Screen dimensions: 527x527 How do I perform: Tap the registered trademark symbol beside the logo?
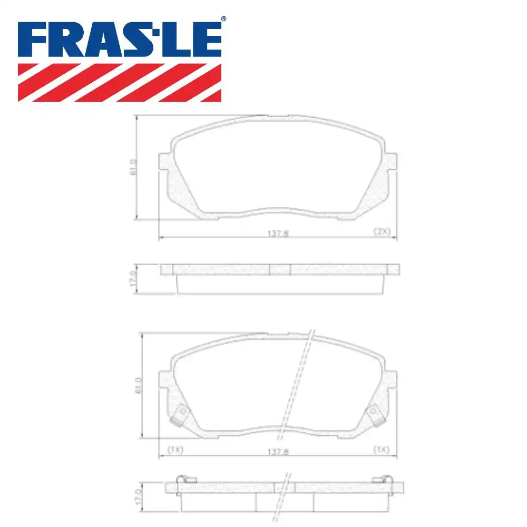[x=223, y=19]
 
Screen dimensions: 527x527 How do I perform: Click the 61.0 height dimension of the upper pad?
[x=134, y=167]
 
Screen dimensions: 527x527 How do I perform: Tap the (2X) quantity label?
[x=382, y=231]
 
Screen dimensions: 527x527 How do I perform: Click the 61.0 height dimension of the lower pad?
[x=138, y=385]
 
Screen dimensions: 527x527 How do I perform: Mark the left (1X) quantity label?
[x=174, y=450]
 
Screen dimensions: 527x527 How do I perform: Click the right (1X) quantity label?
[x=381, y=450]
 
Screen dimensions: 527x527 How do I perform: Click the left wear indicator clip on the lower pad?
[x=179, y=414]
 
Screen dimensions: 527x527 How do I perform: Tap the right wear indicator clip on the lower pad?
[x=375, y=414]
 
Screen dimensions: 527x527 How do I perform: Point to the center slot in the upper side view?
[x=280, y=269]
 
